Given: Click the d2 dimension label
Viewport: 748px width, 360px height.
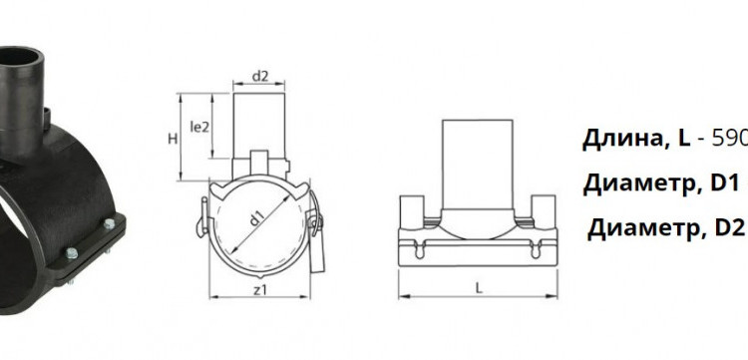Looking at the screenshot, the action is pos(259,76).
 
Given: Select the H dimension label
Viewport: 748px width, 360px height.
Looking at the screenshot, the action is pos(173,139).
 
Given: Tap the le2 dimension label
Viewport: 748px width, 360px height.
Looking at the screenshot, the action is pos(199,127).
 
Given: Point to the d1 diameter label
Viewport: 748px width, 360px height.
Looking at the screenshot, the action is pos(257,219).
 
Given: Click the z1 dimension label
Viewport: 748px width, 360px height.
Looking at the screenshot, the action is pos(259,289).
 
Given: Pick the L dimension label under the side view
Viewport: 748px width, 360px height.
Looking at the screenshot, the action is pos(479,287).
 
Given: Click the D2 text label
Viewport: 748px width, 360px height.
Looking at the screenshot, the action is pos(729,229).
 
